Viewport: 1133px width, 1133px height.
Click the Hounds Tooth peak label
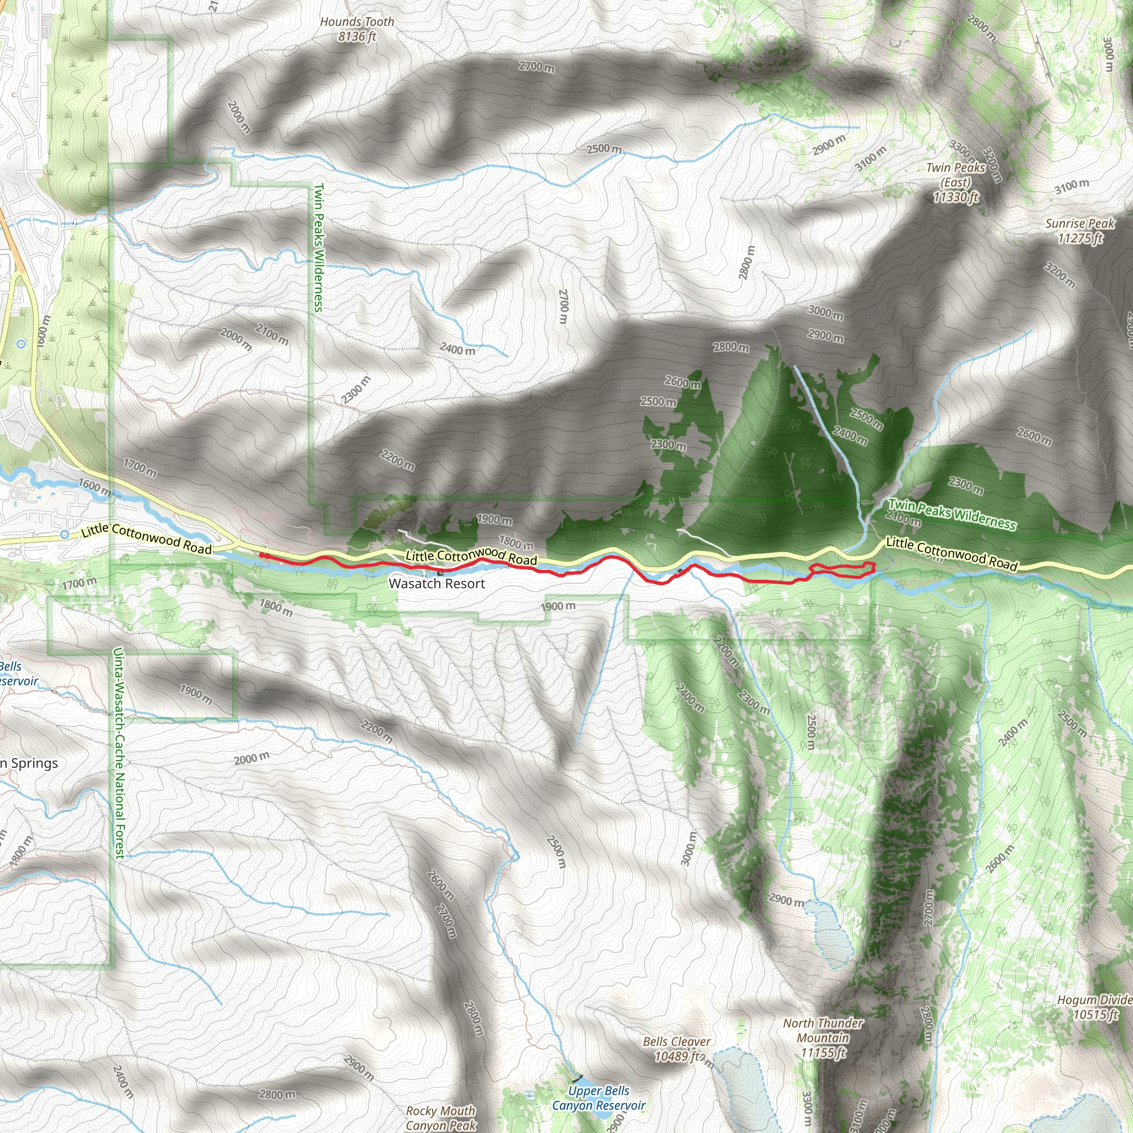pos(357,22)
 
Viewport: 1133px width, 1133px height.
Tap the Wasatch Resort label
pos(437,584)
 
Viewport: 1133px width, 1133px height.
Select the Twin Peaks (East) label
pos(956,175)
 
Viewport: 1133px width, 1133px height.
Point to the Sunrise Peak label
pos(1080,224)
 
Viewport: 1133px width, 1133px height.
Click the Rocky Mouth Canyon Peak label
pos(440,1118)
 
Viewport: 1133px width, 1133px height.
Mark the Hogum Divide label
pos(1094,1000)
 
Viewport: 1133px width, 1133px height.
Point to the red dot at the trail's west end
pos(262,555)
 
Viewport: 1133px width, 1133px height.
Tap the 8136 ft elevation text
pos(357,37)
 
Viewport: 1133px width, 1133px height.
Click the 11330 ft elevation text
pos(956,197)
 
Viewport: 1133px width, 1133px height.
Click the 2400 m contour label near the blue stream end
pos(458,350)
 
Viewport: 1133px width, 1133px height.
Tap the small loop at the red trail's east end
pos(842,569)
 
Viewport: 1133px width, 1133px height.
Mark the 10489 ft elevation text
pos(677,1056)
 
